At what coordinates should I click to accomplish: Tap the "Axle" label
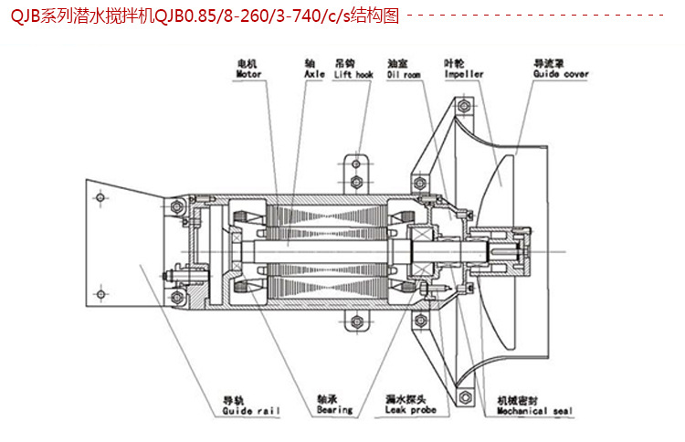coord(314,74)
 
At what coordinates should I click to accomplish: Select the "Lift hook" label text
coord(353,74)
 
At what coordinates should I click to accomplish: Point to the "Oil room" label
coord(404,74)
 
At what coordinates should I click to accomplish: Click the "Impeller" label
coord(463,74)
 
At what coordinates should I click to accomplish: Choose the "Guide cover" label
coord(561,74)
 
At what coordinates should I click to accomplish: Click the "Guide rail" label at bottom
coord(248,411)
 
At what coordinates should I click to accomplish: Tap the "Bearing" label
coord(334,411)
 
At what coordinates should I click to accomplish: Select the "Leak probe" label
coord(412,411)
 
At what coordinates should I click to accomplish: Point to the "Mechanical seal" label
coord(534,411)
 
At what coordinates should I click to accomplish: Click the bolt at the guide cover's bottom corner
coord(466,396)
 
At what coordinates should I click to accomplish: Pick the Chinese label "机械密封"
coord(517,400)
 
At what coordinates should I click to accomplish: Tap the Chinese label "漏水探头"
coord(404,400)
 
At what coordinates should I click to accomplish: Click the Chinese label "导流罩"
coord(548,63)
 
